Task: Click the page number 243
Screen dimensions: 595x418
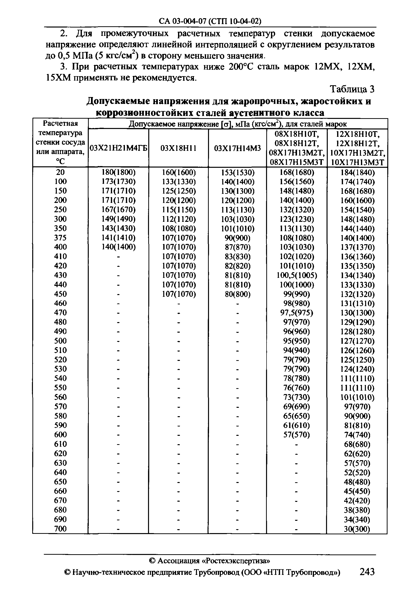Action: point(367,571)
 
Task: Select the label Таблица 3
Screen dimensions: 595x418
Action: point(352,89)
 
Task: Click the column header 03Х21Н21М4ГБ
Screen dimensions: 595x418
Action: point(119,148)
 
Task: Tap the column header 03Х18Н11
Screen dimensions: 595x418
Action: point(179,148)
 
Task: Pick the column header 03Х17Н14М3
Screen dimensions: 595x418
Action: point(237,148)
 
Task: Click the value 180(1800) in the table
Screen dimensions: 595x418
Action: point(119,172)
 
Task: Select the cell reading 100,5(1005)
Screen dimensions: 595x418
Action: point(297,275)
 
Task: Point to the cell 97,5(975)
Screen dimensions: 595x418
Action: point(297,312)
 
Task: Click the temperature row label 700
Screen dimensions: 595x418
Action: point(60,528)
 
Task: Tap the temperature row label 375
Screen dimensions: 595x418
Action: point(60,238)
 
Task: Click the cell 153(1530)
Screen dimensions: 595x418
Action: point(238,172)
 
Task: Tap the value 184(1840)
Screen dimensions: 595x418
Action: point(357,172)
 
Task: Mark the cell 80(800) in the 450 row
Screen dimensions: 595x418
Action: point(238,294)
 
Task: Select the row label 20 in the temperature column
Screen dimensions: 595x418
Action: point(60,172)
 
